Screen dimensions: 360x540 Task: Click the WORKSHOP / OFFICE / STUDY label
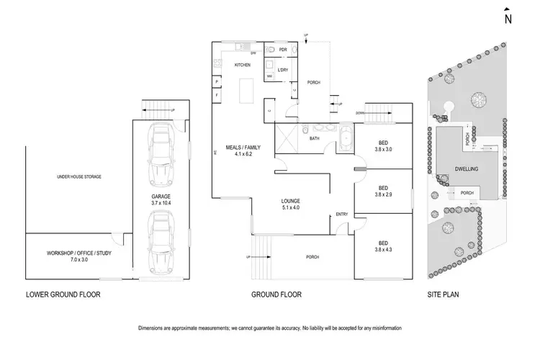(79, 253)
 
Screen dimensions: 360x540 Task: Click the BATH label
(315, 138)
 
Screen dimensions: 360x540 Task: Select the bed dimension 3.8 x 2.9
(384, 194)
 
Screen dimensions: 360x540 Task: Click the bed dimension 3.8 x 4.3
(384, 250)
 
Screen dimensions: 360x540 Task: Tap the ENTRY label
(341, 215)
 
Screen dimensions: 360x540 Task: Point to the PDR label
(284, 51)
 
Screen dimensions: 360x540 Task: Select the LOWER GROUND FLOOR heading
(63, 294)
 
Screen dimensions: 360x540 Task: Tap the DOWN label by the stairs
(360, 112)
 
